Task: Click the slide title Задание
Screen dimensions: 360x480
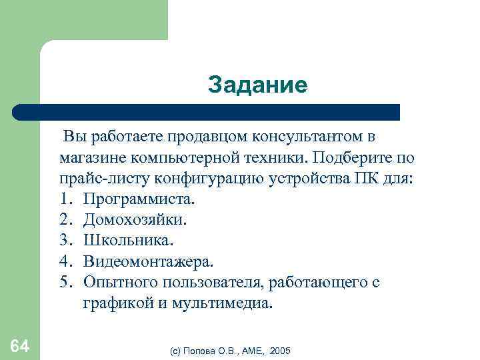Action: (x=257, y=85)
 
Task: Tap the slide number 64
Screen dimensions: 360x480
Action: (x=20, y=345)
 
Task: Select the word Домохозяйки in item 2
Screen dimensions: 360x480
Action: (x=135, y=219)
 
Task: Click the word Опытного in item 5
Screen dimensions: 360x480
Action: (x=117, y=282)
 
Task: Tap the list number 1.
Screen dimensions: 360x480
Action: (x=64, y=199)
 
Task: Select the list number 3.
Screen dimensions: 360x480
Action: (x=64, y=240)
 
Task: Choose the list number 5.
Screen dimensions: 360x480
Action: (x=64, y=282)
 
